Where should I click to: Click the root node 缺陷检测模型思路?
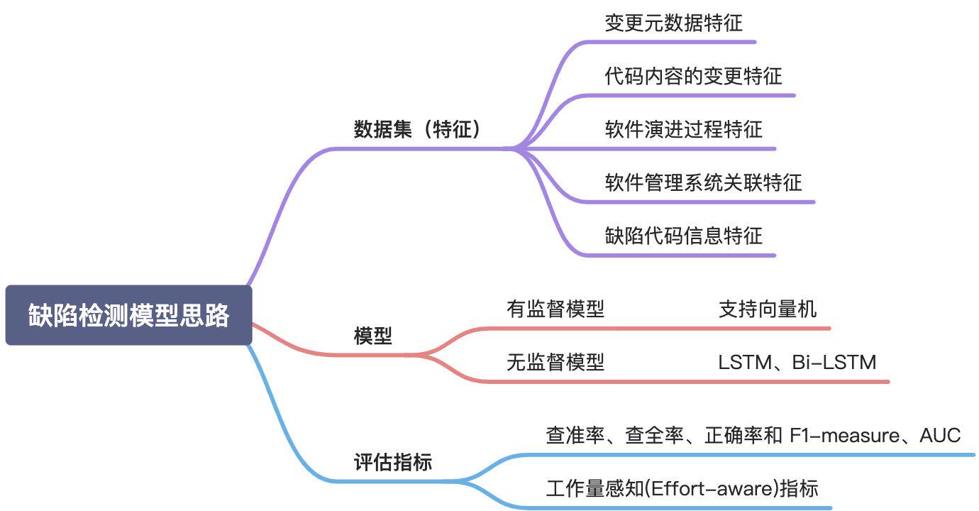click(128, 316)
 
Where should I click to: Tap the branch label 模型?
click(372, 336)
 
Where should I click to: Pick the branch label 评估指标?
click(392, 463)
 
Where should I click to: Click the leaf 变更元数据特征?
click(673, 23)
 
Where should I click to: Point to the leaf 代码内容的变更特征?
click(693, 76)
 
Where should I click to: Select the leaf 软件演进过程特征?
click(683, 129)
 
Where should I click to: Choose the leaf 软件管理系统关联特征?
click(703, 182)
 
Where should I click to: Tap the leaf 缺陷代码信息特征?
click(683, 236)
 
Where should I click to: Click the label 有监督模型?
click(555, 309)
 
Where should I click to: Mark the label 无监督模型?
click(555, 363)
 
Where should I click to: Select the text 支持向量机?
click(767, 309)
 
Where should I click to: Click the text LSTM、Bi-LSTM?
click(797, 363)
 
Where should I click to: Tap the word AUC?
click(940, 435)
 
